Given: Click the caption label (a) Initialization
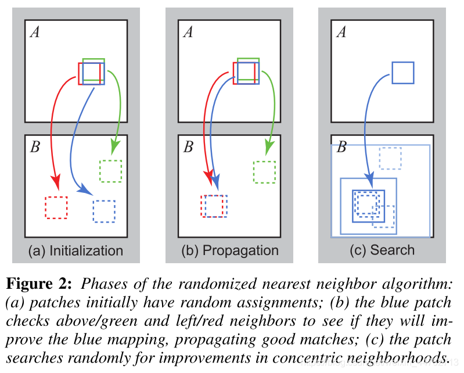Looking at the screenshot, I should click(x=75, y=251).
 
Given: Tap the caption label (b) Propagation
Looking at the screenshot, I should click(x=230, y=251).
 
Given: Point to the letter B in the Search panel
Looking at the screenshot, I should click(x=342, y=147).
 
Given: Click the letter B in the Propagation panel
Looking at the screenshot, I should click(x=188, y=146).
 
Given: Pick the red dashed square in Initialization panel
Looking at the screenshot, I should click(x=56, y=207).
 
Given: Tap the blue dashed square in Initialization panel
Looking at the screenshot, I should click(x=104, y=211).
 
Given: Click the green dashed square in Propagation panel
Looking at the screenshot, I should click(x=264, y=172).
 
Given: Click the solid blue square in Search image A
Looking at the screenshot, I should click(x=402, y=73).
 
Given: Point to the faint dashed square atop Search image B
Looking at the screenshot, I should click(x=390, y=157).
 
